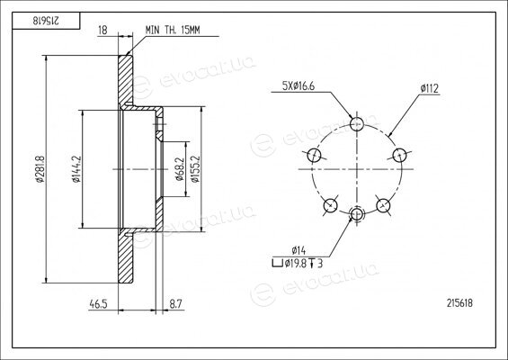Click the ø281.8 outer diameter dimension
click(40, 169)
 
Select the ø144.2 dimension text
click(76, 169)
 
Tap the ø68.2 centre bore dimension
click(180, 169)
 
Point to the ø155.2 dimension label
click(195, 169)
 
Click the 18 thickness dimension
click(102, 31)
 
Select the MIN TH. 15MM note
click(173, 31)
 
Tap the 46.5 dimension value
click(99, 304)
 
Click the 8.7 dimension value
click(176, 304)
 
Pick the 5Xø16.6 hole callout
click(299, 86)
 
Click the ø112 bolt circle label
click(430, 88)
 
